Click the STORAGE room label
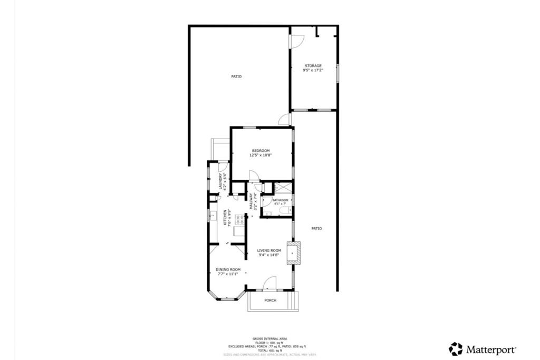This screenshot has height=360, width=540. coord(313,66)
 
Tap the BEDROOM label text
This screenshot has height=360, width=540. coord(261,151)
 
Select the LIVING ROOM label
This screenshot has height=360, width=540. coord(269,250)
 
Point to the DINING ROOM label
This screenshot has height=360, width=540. coord(228,269)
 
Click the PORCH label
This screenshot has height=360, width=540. coord(271,300)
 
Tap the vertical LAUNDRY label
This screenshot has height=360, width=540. coord(220,182)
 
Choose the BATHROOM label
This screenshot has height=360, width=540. coord(281,200)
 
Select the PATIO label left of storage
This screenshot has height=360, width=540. coord(236,77)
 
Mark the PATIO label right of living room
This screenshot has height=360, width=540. coord(316,228)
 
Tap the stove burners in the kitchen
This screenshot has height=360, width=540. coord(239,218)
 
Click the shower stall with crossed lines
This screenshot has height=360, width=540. coord(283,187)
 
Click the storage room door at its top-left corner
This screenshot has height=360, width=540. coord(297,40)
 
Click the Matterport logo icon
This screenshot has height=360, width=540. coord(455,349)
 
